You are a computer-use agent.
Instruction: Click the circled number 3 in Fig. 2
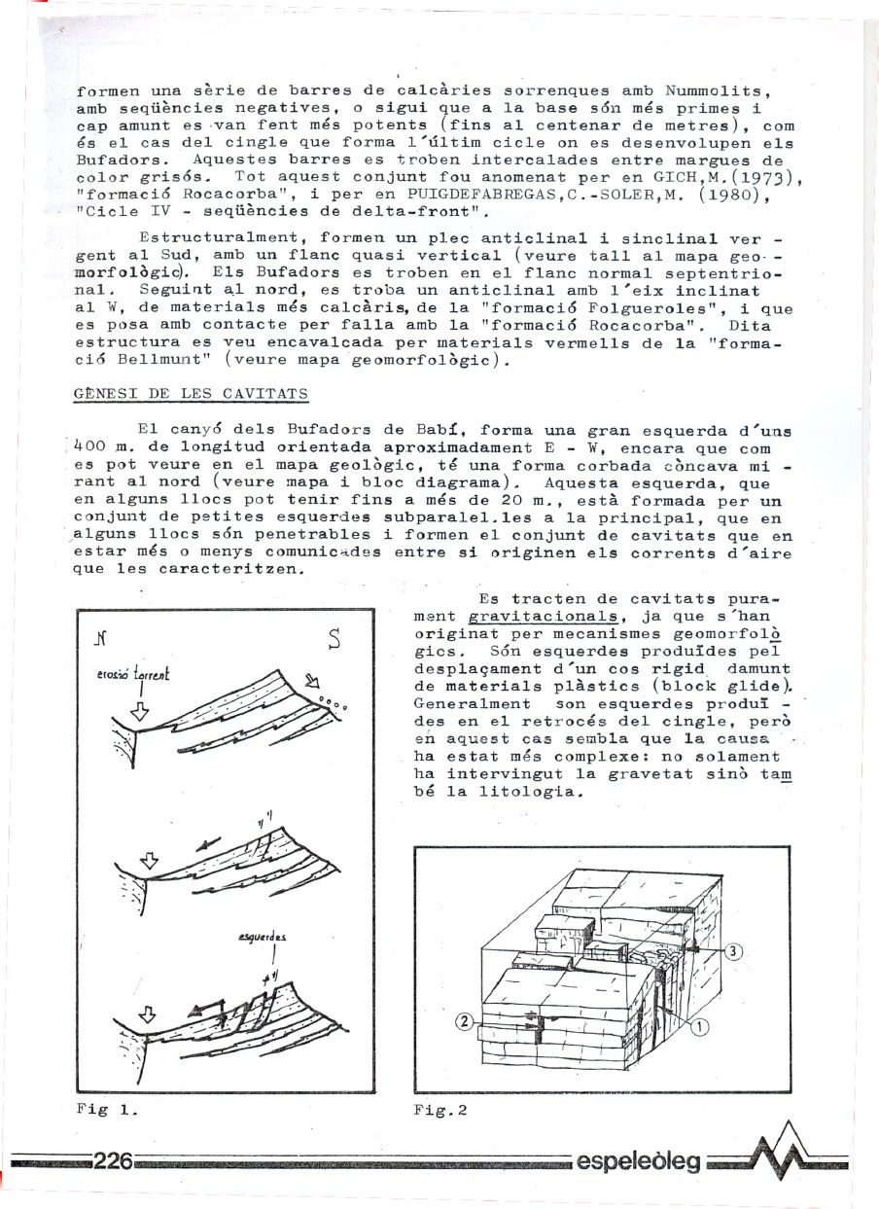click(x=734, y=951)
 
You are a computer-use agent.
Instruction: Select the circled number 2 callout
click(x=465, y=1021)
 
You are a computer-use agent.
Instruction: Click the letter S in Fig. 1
click(x=334, y=639)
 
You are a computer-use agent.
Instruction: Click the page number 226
click(x=112, y=1161)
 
